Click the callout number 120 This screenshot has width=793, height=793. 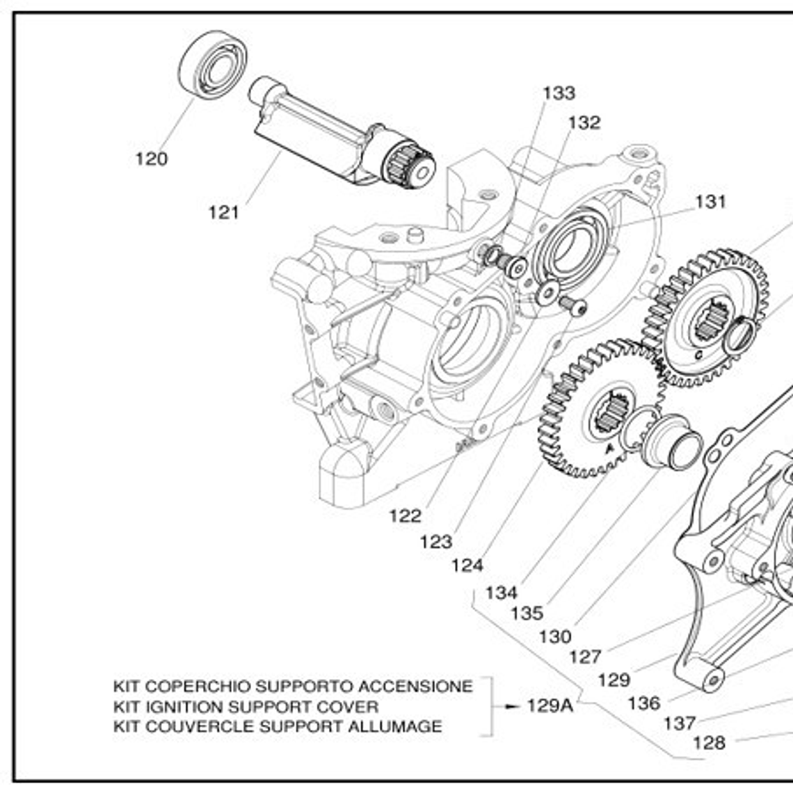point(151,159)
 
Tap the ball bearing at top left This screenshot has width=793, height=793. point(214,65)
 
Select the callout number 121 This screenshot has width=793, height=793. point(224,213)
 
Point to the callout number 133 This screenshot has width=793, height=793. point(559,93)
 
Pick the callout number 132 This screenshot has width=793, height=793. point(584,123)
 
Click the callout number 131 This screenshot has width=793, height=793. point(710,202)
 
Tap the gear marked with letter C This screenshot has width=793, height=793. point(703,320)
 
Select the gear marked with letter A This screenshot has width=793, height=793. point(598,410)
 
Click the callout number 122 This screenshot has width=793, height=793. point(405,516)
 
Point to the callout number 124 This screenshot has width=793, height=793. point(467,566)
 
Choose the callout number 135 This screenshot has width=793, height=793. point(527,614)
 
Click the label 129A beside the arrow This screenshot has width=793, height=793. point(550,706)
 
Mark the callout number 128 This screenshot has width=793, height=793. point(709,743)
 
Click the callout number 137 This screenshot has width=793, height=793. point(680,723)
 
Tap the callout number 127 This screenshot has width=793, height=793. point(584,657)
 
